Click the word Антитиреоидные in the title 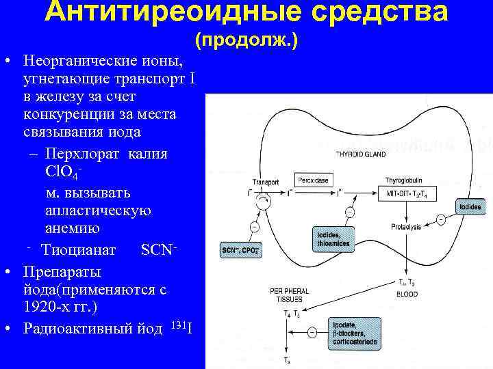click(166, 12)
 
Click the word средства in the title click(384, 12)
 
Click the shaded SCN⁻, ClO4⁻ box click(240, 250)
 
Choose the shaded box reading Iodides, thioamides click(333, 238)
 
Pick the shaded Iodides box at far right click(470, 206)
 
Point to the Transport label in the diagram click(266, 182)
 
